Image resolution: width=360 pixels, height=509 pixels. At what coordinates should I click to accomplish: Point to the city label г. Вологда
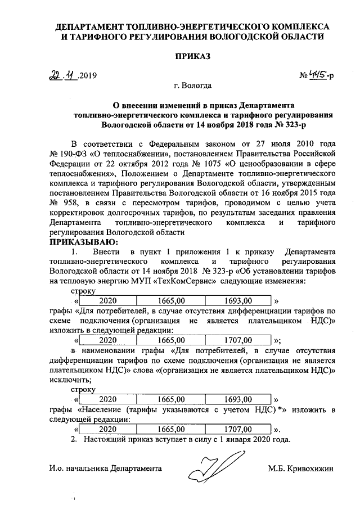point(193,86)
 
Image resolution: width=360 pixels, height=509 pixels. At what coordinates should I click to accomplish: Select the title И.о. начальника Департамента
point(105,468)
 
